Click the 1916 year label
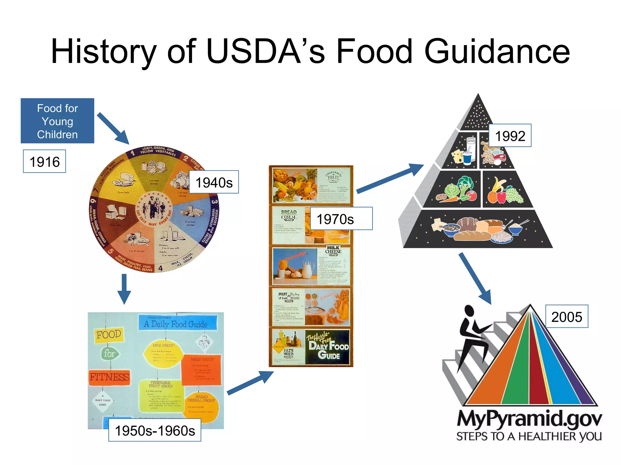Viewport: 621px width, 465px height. pos(44,161)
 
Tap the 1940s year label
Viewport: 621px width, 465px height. pos(214,182)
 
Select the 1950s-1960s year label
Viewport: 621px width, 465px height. pos(155,430)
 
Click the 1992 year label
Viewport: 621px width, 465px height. pos(510,136)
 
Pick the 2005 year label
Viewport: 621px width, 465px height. pos(566,317)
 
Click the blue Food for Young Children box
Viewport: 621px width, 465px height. pos(57,121)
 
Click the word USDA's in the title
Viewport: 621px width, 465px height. pos(265,51)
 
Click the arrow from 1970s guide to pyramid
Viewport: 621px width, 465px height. pos(390,179)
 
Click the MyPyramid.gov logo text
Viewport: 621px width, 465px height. pos(529,419)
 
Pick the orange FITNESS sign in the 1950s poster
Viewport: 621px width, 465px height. pos(109,377)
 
